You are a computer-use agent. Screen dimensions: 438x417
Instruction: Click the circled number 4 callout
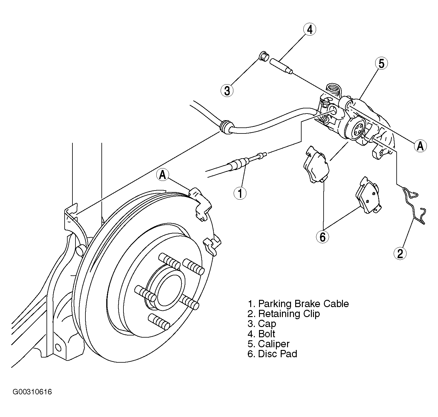(x=310, y=29)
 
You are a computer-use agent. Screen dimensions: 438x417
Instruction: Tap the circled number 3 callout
(x=227, y=91)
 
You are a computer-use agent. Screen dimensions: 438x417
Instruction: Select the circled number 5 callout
(x=381, y=63)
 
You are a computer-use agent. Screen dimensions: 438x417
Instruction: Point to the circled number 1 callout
(x=240, y=193)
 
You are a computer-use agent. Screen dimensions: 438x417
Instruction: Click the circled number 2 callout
(x=400, y=253)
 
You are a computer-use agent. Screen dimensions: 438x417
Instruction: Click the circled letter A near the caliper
(x=420, y=146)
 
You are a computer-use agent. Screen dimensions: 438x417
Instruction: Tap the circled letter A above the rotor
(x=163, y=175)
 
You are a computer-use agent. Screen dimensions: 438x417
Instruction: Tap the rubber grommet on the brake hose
(x=225, y=127)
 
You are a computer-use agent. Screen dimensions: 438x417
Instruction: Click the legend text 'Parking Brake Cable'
(x=303, y=303)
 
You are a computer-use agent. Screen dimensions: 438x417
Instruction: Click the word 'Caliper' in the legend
(x=273, y=344)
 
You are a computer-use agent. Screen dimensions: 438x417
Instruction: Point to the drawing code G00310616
(x=32, y=392)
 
